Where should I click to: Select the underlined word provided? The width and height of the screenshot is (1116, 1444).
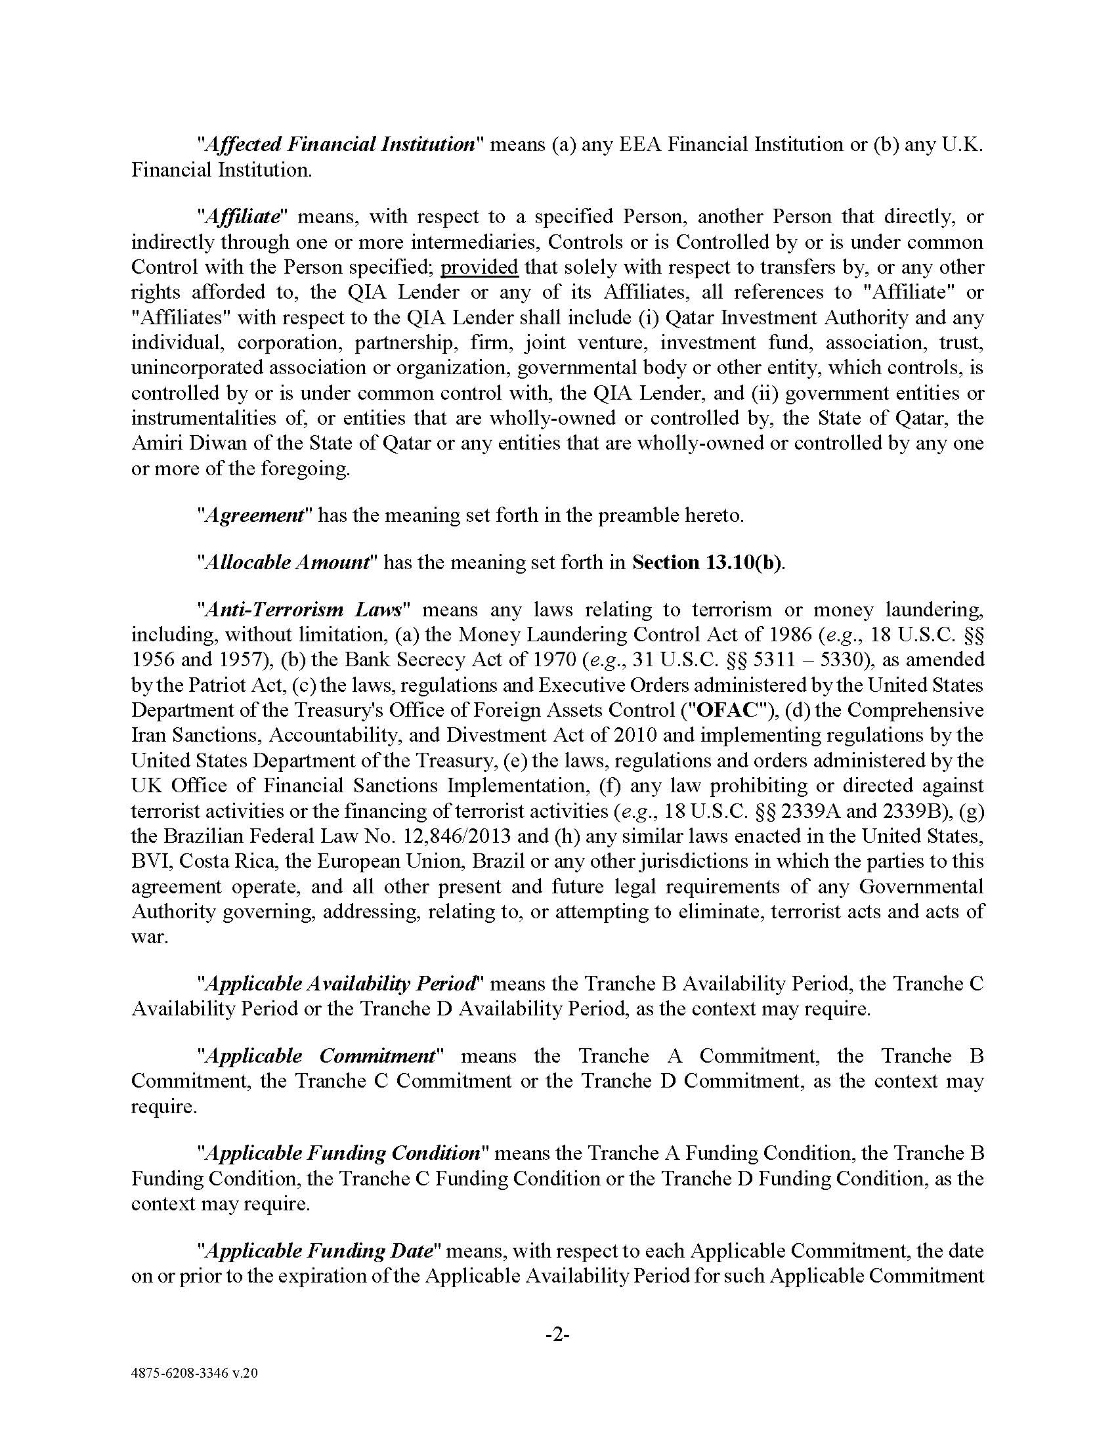point(479,267)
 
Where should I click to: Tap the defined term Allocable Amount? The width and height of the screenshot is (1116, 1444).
point(287,562)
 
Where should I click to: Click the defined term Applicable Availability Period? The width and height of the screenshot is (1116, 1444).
point(341,984)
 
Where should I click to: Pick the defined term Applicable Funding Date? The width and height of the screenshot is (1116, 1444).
point(320,1251)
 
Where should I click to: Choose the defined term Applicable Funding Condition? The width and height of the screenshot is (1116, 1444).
point(343,1153)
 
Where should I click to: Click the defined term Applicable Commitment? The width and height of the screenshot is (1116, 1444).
point(321,1056)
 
